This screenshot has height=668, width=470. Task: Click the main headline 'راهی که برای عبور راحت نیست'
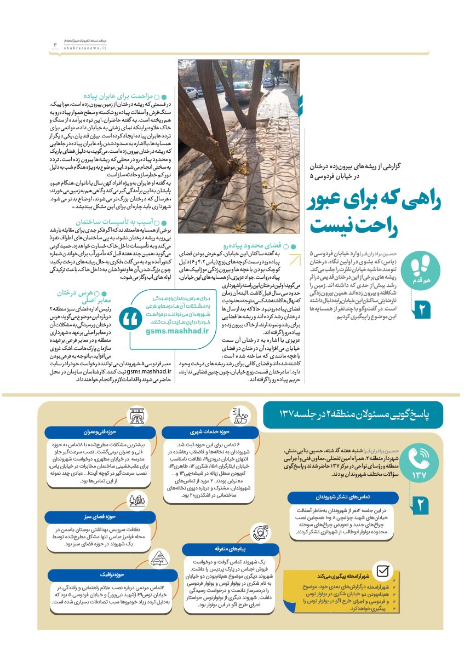pyautogui.click(x=377, y=214)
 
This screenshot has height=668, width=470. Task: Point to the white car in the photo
pyautogui.click(x=239, y=92)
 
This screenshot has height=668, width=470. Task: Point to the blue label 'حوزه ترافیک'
pyautogui.click(x=90, y=575)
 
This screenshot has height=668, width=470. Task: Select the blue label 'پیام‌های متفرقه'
pyautogui.click(x=227, y=548)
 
